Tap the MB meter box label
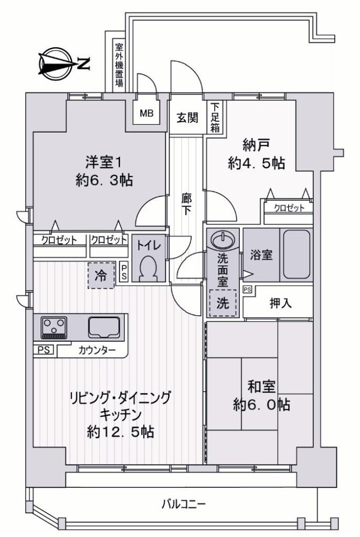[x=147, y=113]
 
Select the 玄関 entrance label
[x=187, y=118]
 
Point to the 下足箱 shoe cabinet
[x=215, y=117]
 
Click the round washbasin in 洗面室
[x=223, y=239]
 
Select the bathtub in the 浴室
[x=297, y=254]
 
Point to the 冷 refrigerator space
[x=101, y=275]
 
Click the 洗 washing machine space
[x=223, y=303]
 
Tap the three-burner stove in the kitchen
[x=54, y=327]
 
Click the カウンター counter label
[x=97, y=350]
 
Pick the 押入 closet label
[x=281, y=303]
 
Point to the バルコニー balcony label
[x=184, y=504]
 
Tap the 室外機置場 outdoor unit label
[x=119, y=65]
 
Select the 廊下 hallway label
[x=186, y=205]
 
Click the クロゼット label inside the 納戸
[x=289, y=208]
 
